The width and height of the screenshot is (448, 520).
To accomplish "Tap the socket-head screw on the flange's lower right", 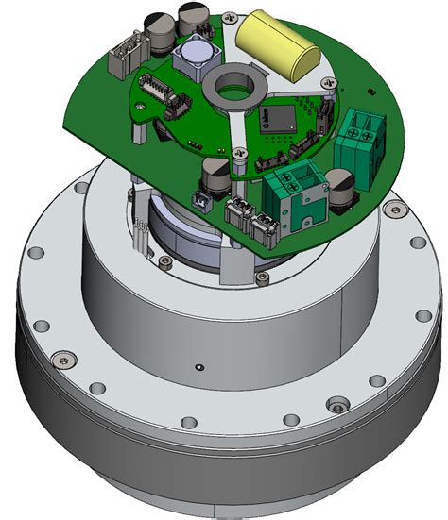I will (x=332, y=408).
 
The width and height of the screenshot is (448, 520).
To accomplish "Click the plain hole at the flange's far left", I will (x=37, y=255).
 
